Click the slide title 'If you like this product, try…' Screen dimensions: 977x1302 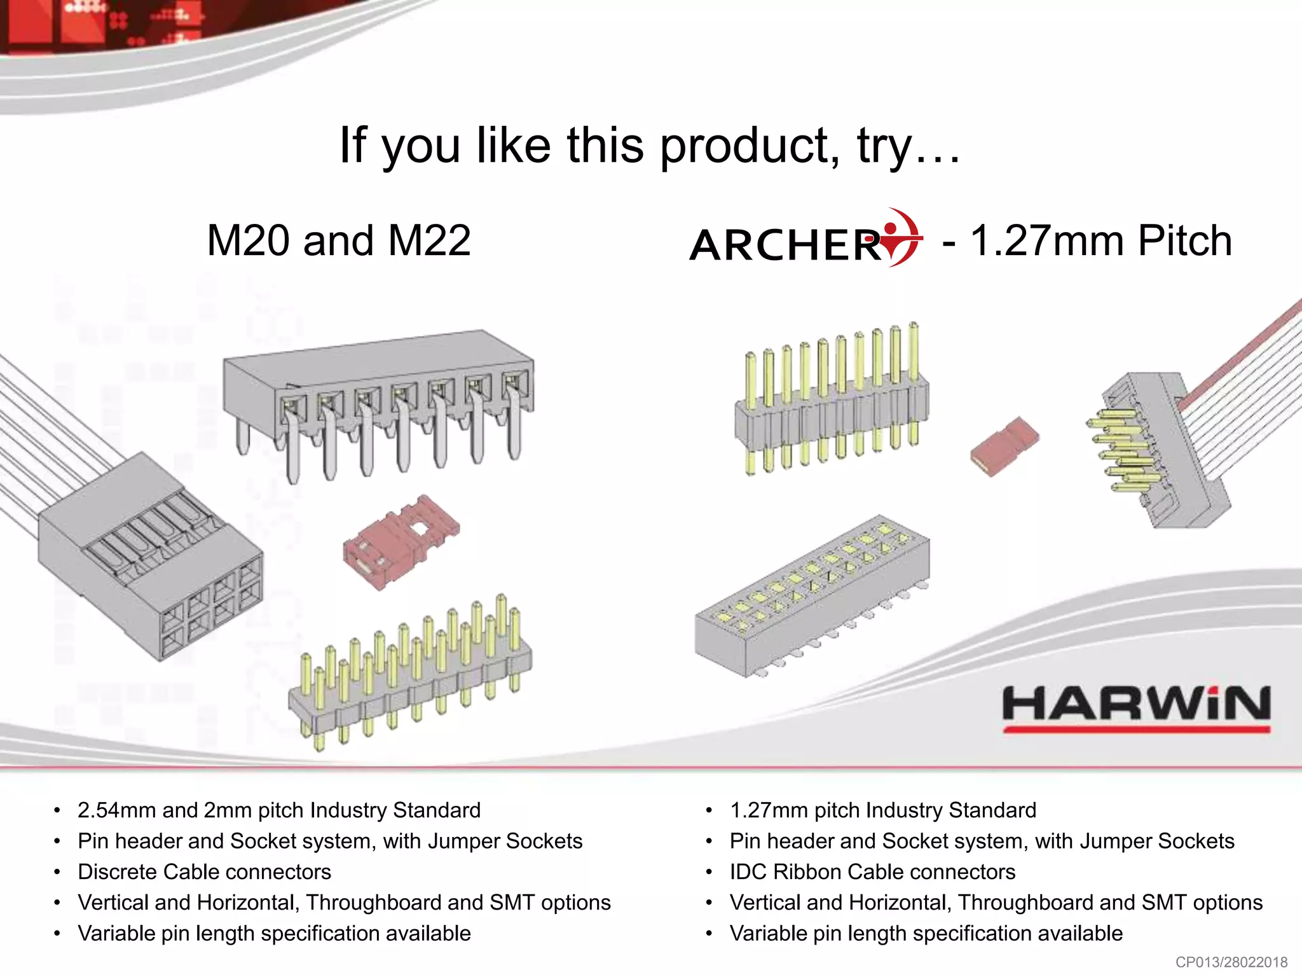[x=650, y=146]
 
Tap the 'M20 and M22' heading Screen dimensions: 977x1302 [x=339, y=240]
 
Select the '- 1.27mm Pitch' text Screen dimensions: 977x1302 [x=1087, y=240]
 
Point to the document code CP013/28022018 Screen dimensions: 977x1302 [x=1231, y=962]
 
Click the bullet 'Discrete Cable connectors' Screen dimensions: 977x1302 [x=204, y=871]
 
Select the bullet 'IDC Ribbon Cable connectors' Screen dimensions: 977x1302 [x=872, y=871]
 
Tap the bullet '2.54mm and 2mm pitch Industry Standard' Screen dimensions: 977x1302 [x=278, y=810]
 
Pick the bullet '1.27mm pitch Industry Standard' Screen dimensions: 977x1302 [x=882, y=810]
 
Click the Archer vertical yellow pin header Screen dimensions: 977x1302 [x=832, y=399]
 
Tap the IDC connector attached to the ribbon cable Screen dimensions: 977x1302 [x=1157, y=448]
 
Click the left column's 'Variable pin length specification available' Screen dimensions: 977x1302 [x=274, y=933]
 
